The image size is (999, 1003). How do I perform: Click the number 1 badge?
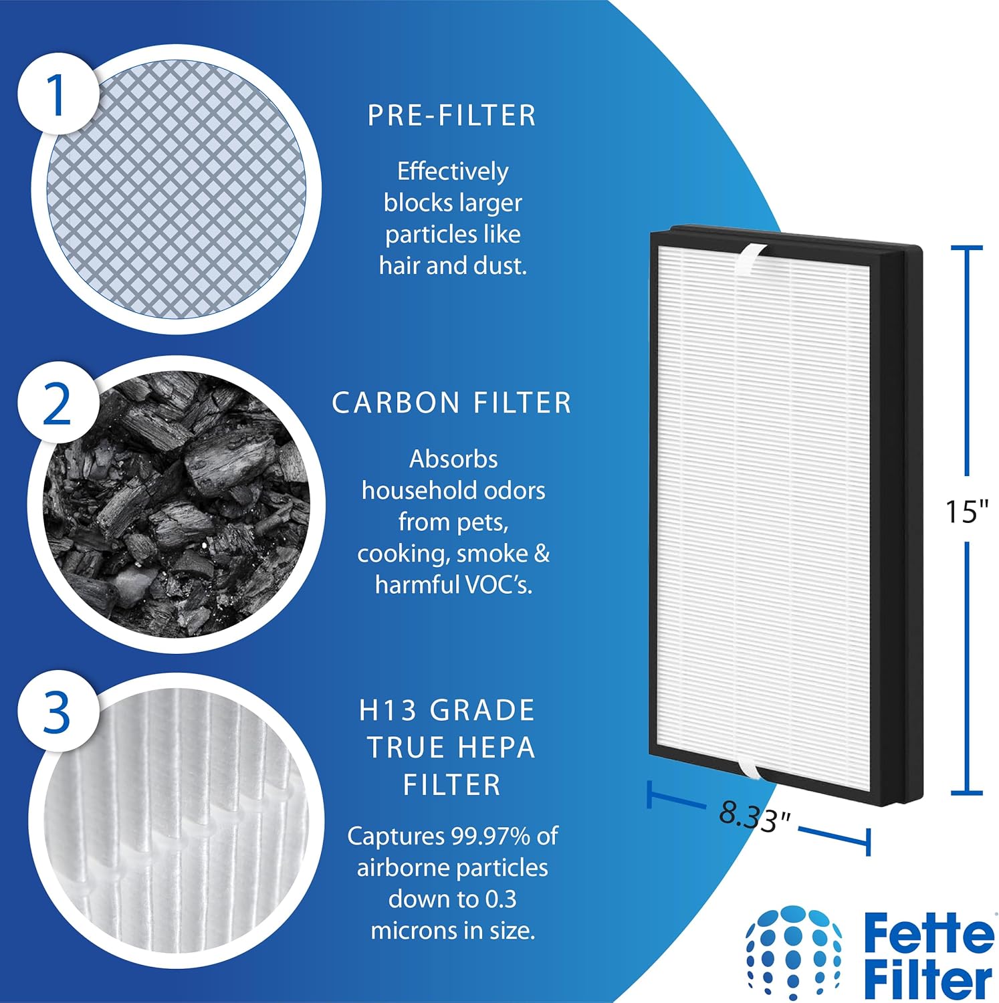tap(56, 94)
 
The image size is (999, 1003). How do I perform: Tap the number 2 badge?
tap(56, 405)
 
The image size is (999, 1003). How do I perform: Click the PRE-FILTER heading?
tap(452, 116)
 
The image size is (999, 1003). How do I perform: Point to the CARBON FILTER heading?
tap(452, 403)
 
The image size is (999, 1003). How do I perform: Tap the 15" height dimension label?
tap(966, 512)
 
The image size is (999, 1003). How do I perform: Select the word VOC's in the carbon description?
tap(498, 585)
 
